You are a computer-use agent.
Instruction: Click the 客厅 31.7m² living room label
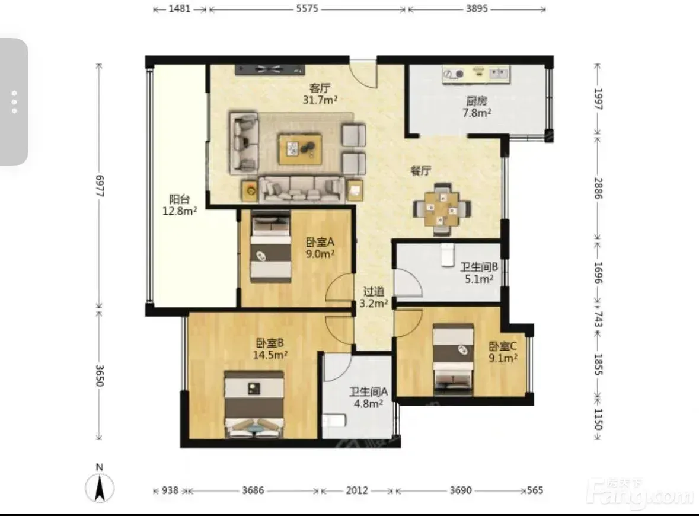pyautogui.click(x=320, y=94)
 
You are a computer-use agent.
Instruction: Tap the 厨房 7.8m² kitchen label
pyautogui.click(x=477, y=107)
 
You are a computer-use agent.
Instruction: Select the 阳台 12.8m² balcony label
pyautogui.click(x=179, y=205)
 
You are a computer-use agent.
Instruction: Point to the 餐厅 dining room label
pyautogui.click(x=421, y=171)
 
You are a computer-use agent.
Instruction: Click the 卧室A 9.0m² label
pyautogui.click(x=320, y=248)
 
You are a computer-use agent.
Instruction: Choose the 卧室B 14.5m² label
pyautogui.click(x=270, y=349)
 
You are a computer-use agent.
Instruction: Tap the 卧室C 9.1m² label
pyautogui.click(x=503, y=352)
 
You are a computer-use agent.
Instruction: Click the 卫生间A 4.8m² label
pyautogui.click(x=368, y=398)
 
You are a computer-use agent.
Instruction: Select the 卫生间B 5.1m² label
pyautogui.click(x=479, y=273)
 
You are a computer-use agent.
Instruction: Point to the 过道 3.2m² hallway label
pyautogui.click(x=374, y=298)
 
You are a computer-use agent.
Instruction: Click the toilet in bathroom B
pyautogui.click(x=448, y=255)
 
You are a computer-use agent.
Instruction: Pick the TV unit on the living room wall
pyautogui.click(x=270, y=69)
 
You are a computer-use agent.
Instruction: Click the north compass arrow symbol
pyautogui.click(x=100, y=488)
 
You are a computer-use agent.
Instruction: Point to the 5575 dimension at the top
pyautogui.click(x=307, y=8)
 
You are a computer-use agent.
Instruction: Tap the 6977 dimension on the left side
pyautogui.click(x=100, y=186)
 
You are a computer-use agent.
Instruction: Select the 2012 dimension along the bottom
pyautogui.click(x=357, y=490)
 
